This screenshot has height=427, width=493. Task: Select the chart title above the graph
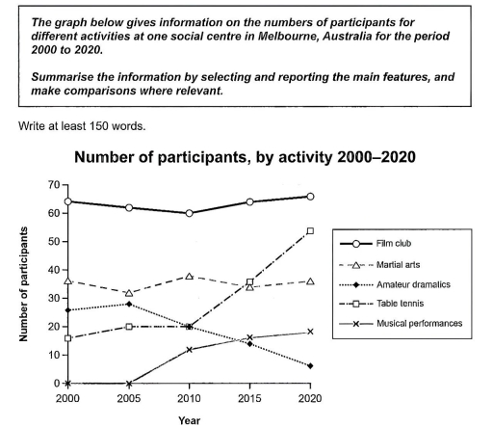(246, 156)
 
